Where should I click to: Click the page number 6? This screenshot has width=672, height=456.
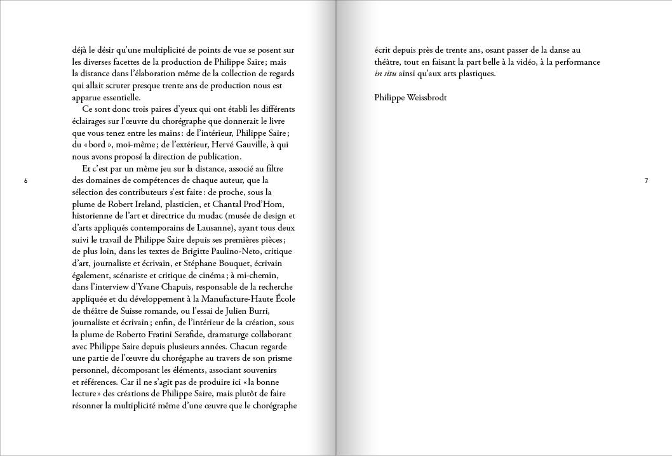(25, 181)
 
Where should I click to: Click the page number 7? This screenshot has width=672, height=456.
(646, 181)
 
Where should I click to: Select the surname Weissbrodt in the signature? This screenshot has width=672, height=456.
(429, 98)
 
